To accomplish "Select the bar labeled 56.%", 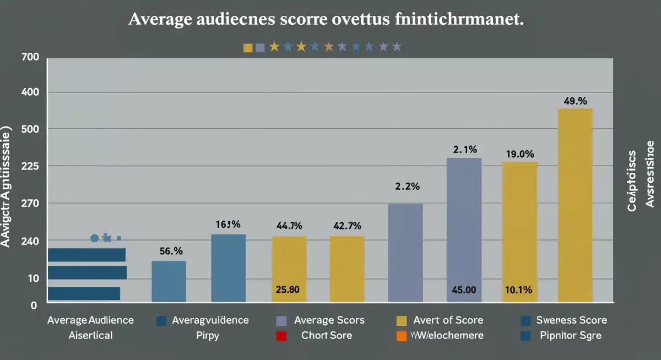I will (169, 281).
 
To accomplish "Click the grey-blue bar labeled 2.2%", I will (405, 253).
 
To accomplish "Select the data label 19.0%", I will (519, 154).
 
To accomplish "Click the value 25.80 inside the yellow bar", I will (288, 290).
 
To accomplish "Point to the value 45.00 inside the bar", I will (463, 290).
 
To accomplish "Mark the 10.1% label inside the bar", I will (519, 290).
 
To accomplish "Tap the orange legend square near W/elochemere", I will (401, 336).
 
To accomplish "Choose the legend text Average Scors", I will (329, 320).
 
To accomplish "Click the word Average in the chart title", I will (161, 20).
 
